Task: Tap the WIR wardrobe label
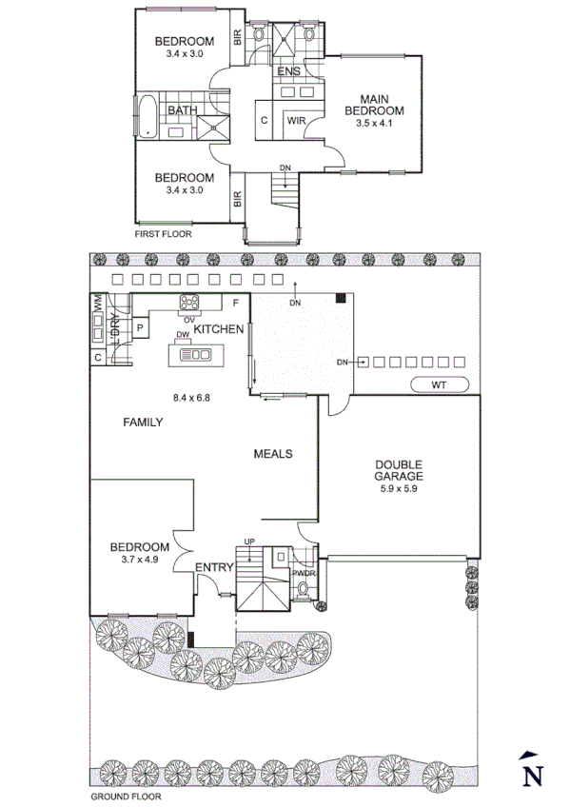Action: [295, 121]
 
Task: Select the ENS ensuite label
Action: [288, 72]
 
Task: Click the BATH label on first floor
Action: [182, 110]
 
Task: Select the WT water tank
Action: [438, 384]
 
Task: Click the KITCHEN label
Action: [219, 328]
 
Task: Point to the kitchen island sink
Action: [200, 354]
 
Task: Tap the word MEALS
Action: [272, 454]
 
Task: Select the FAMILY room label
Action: [143, 423]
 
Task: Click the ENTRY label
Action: [214, 567]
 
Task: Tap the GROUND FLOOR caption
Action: [126, 797]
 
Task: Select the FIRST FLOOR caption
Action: [163, 232]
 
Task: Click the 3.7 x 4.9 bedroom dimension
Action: [140, 560]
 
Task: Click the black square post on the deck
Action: [340, 299]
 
